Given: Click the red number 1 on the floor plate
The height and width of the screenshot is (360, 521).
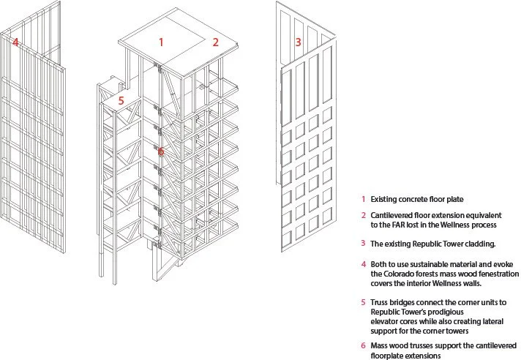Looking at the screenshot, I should [x=162, y=42].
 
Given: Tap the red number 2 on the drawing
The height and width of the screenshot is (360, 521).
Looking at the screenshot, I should [x=215, y=42].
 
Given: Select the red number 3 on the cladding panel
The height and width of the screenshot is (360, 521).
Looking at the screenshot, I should [x=298, y=42].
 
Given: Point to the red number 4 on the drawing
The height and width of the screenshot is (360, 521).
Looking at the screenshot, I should [x=15, y=42].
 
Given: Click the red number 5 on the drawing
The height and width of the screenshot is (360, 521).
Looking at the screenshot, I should [x=121, y=100].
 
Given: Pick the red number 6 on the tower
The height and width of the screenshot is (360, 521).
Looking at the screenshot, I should [x=161, y=151].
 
